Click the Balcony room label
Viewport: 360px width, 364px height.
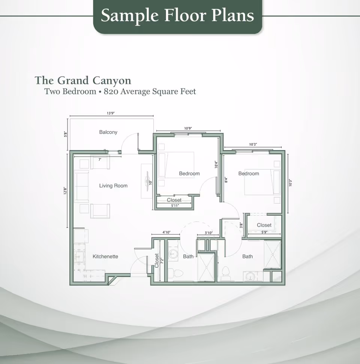(108, 132)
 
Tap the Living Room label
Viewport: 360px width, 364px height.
(113, 186)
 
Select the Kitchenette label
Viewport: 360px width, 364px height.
(105, 257)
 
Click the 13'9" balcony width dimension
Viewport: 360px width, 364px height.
(110, 113)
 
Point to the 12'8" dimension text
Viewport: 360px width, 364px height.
(65, 191)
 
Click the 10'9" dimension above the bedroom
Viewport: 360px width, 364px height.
(188, 128)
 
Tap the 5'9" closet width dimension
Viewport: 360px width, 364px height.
(264, 233)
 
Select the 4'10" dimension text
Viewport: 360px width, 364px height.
(166, 233)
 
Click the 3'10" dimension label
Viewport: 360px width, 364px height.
(208, 233)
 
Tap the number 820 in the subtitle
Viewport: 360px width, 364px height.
(111, 91)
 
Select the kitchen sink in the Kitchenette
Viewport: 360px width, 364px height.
(79, 257)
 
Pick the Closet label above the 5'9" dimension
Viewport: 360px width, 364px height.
(264, 225)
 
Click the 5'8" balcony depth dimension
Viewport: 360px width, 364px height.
(65, 134)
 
